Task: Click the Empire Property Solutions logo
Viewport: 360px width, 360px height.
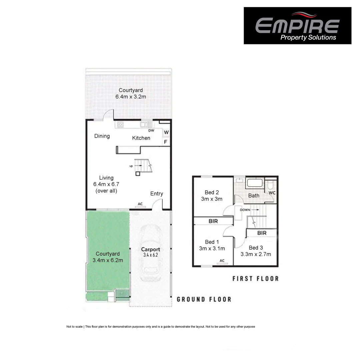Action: coord(297,26)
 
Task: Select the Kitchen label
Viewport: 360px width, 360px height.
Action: coord(141,138)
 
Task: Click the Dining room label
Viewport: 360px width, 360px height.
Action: coord(102,136)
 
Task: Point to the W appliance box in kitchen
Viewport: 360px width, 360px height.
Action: coord(166,132)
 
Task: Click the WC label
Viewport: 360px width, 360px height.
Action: coord(272,193)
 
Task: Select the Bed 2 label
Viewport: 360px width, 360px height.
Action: coord(212,192)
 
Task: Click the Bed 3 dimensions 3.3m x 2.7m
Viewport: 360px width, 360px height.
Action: coord(256,254)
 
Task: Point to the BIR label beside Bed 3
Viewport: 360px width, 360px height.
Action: coord(262,233)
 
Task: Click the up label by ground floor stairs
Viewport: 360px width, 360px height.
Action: coord(131,166)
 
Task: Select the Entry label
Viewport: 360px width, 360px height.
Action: coord(157,194)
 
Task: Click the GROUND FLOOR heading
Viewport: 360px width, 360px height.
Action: coord(204,299)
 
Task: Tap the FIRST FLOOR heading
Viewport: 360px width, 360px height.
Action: coord(255,278)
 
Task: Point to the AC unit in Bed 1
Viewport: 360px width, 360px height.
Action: coord(221,262)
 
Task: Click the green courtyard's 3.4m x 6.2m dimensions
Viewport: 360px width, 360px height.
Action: coord(108,260)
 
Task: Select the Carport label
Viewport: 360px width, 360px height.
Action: coord(150,249)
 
